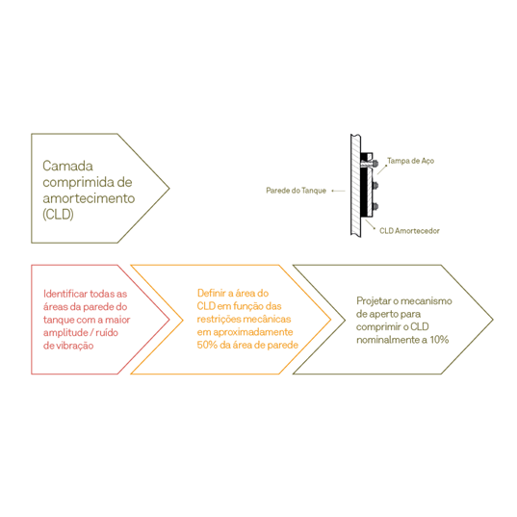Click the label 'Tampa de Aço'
[410, 161]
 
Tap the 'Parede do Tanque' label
[296, 191]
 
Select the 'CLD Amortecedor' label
[409, 231]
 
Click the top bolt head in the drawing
[375, 163]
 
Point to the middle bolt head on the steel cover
[375, 186]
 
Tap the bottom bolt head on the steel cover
[375, 207]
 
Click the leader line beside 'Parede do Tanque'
[338, 191]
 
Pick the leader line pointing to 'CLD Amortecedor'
[370, 223]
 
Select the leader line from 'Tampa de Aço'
[382, 169]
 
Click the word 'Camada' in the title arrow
[67, 166]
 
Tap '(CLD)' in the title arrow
[58, 215]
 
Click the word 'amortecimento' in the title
[89, 198]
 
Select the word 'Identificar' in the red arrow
[65, 294]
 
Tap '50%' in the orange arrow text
[207, 345]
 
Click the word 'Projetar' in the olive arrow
[373, 301]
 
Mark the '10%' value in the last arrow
[439, 340]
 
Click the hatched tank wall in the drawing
[355, 185]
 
